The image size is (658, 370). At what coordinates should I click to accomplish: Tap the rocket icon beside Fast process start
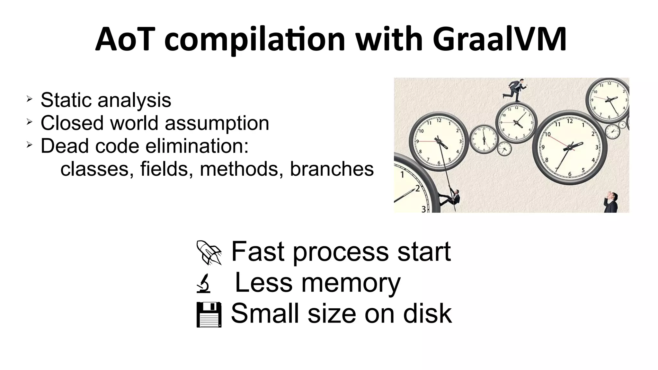pos(209,252)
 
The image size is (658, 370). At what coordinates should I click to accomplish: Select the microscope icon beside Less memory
pos(203,283)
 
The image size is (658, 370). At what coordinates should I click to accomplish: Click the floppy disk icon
pos(209,314)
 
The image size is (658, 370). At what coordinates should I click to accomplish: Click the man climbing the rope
pos(451,197)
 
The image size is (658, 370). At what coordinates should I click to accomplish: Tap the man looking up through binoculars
pos(611,202)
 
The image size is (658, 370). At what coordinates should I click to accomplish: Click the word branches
pos(332,169)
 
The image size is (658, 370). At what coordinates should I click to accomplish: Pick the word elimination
pos(197,146)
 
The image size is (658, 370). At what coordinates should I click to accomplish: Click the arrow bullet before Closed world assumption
pos(29,122)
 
